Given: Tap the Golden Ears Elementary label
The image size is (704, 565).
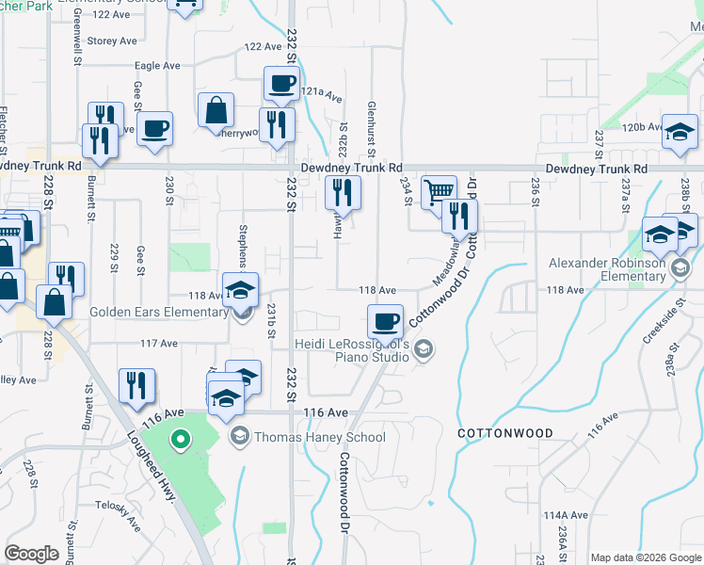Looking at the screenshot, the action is click(156, 312).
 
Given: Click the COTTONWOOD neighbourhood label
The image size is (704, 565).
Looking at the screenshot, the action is click(504, 434).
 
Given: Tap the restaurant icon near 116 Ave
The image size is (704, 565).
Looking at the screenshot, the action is click(137, 385).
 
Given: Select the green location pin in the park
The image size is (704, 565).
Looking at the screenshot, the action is click(181, 440).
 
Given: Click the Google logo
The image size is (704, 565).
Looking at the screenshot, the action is click(32, 554).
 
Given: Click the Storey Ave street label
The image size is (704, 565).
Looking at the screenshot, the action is click(112, 41).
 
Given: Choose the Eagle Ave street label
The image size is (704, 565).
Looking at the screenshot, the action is click(157, 66).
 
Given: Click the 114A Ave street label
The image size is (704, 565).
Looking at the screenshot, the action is click(566, 515).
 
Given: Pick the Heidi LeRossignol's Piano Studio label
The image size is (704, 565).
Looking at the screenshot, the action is click(353, 351).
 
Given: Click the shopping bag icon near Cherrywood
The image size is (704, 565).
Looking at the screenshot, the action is click(216, 110).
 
